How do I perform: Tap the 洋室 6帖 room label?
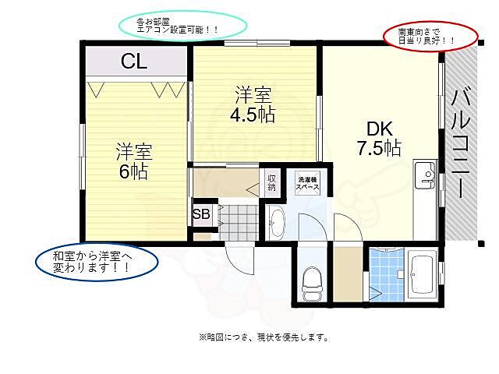tap(134, 161)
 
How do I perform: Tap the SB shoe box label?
tap(200, 214)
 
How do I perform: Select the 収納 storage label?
tap(271, 181)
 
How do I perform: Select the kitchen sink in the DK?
tap(426, 173)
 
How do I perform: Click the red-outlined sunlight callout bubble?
tap(430, 34)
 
